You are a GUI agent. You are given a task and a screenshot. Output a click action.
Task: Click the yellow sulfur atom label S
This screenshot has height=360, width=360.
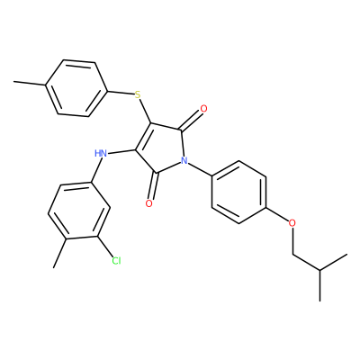[138, 95]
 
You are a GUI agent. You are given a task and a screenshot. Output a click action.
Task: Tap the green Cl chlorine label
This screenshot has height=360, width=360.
[116, 261]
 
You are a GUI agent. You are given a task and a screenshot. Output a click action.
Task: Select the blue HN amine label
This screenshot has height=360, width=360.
[101, 154]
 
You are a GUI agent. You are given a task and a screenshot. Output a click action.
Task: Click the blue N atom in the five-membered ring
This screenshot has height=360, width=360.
[184, 160]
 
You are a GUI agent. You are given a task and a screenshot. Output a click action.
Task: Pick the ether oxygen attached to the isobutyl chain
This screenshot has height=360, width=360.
[292, 223]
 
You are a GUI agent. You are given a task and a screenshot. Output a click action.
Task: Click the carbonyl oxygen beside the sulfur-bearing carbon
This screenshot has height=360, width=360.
[203, 109]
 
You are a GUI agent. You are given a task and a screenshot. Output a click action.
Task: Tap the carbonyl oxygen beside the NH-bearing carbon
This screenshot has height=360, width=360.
[149, 203]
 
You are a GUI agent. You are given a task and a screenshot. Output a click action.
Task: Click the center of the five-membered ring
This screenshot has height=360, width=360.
[162, 147]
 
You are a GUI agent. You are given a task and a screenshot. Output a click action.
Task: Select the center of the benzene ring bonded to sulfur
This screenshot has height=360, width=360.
[76, 88]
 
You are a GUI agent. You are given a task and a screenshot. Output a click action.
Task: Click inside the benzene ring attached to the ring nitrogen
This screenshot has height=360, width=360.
[238, 192]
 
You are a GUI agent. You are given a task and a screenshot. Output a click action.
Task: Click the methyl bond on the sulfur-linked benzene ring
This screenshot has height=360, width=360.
[30, 84]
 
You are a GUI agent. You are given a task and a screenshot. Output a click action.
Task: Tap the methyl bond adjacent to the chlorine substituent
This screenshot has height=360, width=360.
[59, 253]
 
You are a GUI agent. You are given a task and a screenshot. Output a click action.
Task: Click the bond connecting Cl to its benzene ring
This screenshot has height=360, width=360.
[104, 247]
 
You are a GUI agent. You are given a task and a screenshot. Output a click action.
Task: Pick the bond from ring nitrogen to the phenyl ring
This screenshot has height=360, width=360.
[200, 169]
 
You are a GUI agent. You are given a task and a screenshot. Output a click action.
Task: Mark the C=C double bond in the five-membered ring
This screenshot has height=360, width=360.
[143, 136]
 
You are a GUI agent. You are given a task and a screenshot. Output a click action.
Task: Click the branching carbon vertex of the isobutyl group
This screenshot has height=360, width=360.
[320, 270]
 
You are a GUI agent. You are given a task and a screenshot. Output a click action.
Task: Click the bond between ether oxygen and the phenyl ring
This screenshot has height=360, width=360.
[277, 215]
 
